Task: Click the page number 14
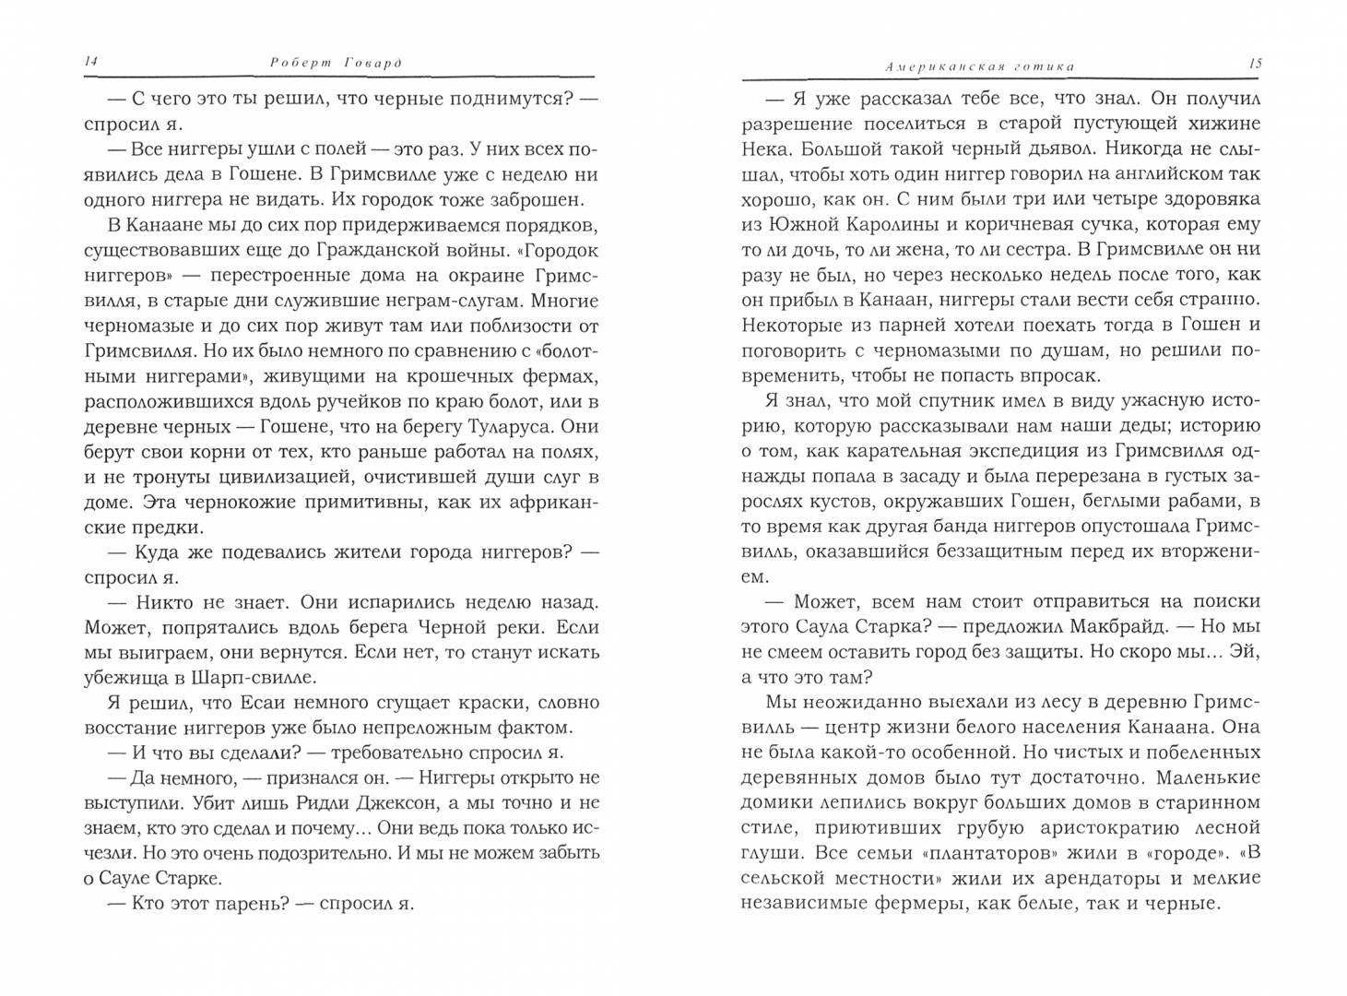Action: click(x=90, y=62)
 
